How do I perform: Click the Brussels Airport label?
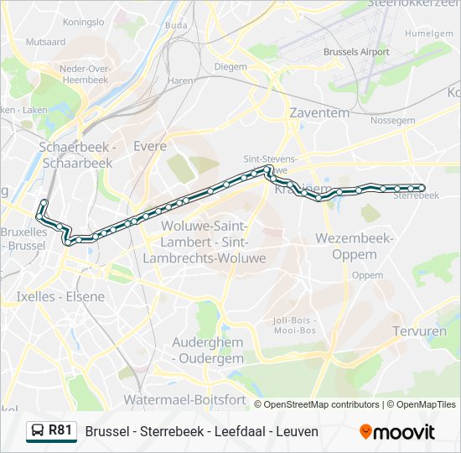[356, 52]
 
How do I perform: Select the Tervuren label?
[419, 331]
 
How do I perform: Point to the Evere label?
[150, 146]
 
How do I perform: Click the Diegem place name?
[230, 66]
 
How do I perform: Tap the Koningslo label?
[84, 21]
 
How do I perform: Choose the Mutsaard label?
[45, 41]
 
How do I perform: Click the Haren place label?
[180, 81]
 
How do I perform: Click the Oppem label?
[367, 274]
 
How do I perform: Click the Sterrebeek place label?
[416, 195]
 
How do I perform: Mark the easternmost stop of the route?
[422, 188]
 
